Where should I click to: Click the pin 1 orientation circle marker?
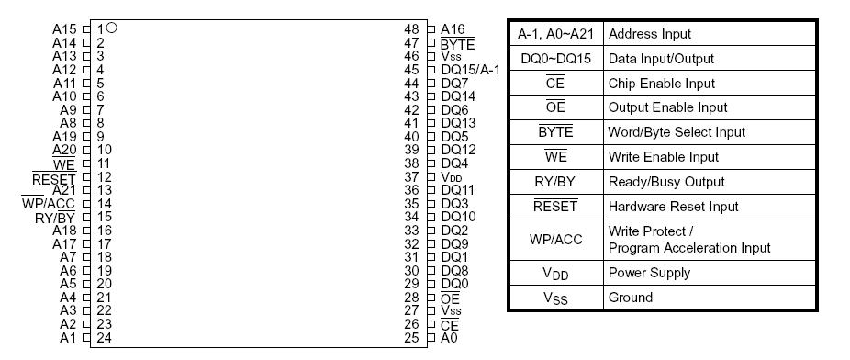[111, 28]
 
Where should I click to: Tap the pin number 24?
[104, 337]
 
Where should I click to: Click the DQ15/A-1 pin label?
[470, 70]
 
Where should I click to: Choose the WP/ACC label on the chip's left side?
[48, 204]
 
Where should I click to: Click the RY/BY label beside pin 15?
[55, 218]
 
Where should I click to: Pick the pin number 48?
[411, 29]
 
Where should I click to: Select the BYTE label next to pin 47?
[457, 43]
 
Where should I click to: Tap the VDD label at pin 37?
[452, 176]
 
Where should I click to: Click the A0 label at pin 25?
[449, 338]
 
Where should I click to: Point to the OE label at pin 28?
[450, 298]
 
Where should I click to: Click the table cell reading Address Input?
[650, 34]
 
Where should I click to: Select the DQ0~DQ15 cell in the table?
[555, 59]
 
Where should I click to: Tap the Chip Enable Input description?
[661, 84]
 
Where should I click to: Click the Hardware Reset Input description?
[674, 207]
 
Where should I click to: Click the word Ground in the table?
[631, 298]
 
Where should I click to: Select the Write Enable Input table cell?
[663, 157]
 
